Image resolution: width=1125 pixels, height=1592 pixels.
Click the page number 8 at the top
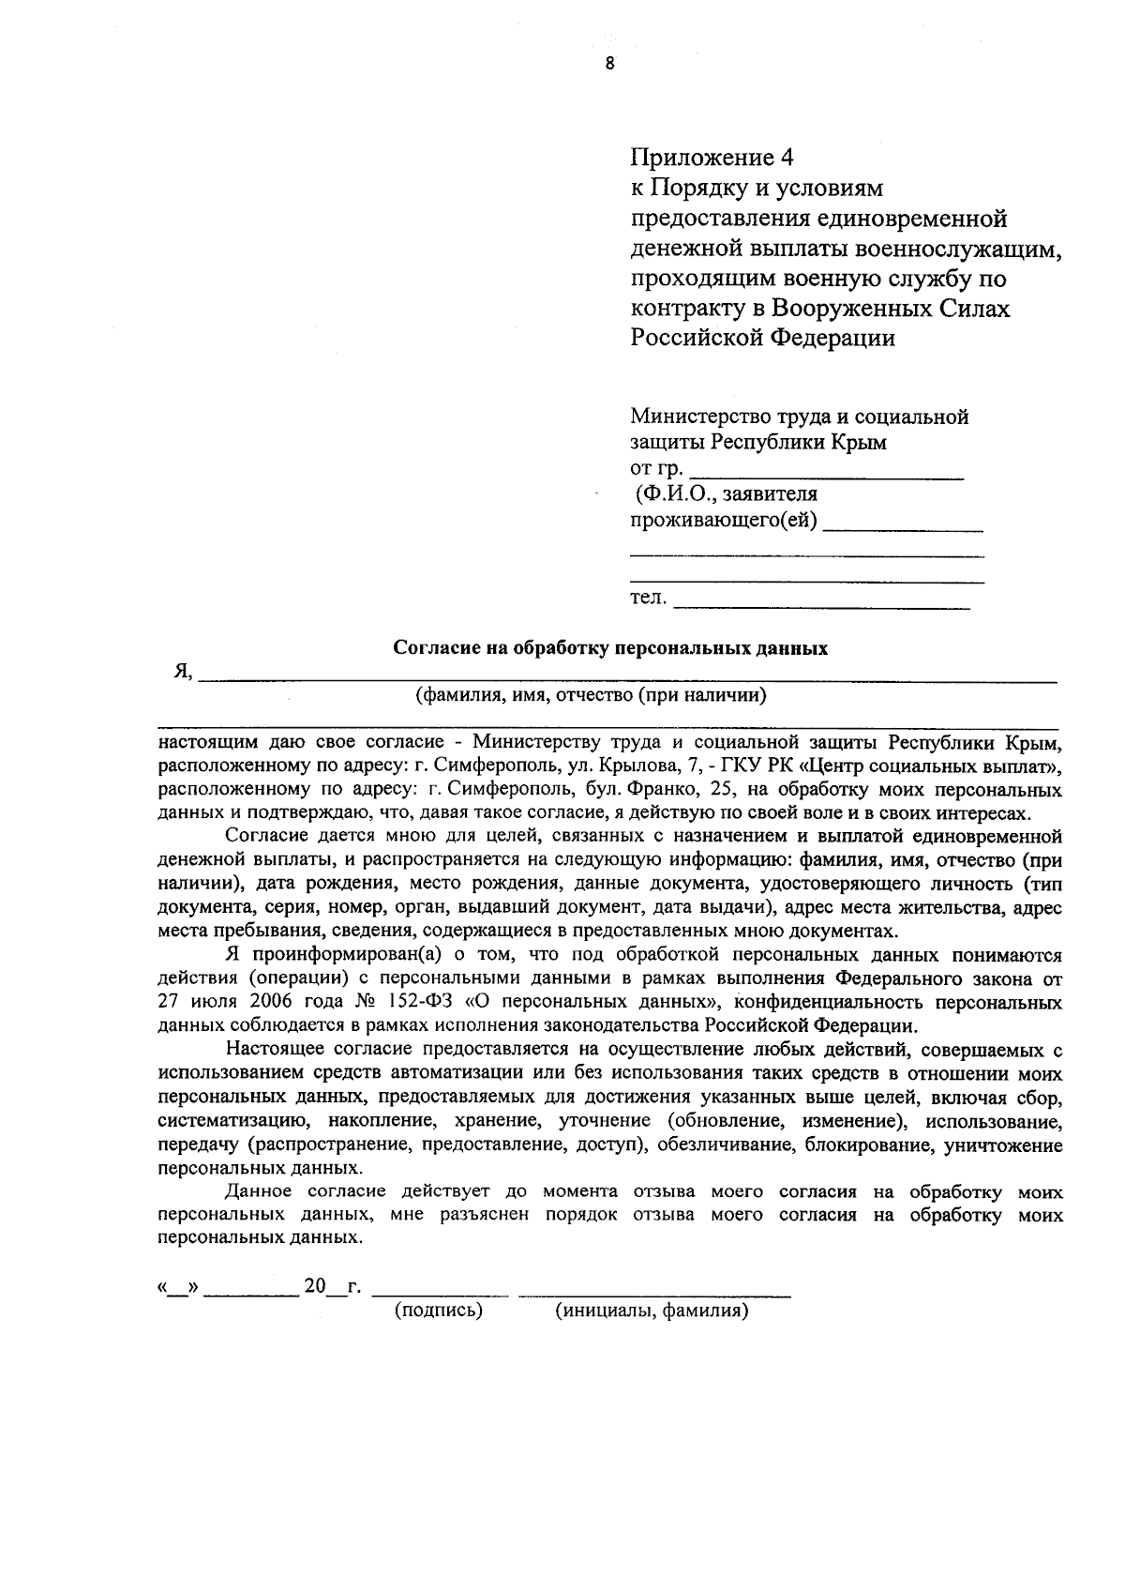pyautogui.click(x=610, y=65)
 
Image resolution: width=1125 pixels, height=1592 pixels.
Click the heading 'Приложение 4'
pyautogui.click(x=712, y=157)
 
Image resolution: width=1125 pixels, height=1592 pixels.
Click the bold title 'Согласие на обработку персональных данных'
pyautogui.click(x=610, y=648)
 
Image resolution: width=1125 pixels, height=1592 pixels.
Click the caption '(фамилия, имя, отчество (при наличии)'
pyautogui.click(x=591, y=695)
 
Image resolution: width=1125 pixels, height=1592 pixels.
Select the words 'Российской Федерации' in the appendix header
pyautogui.click(x=762, y=339)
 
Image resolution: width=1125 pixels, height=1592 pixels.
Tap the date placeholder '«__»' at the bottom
pyautogui.click(x=177, y=1287)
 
